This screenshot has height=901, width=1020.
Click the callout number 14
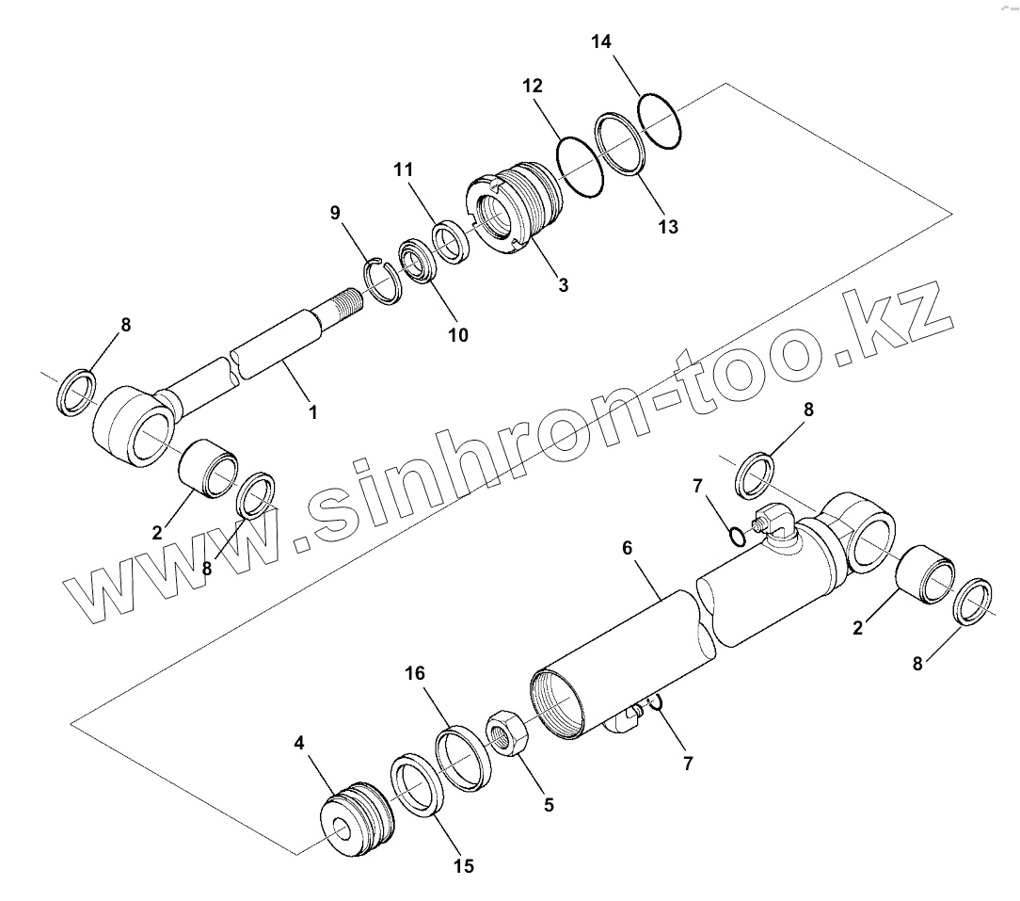[601, 41]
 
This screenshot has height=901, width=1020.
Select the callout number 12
[532, 86]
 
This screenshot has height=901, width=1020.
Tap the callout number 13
[668, 227]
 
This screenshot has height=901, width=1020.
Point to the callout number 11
[404, 170]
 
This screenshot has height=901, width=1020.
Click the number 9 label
[335, 213]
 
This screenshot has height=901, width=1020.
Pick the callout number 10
[458, 334]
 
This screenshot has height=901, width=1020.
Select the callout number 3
[563, 284]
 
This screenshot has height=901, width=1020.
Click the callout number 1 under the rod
[313, 411]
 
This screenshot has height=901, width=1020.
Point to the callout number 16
[415, 673]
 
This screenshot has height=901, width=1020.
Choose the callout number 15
[464, 866]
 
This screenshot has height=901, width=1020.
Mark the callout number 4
[299, 744]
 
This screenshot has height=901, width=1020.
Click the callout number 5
[549, 804]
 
